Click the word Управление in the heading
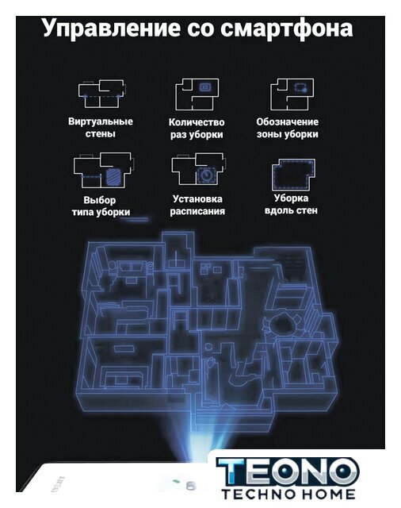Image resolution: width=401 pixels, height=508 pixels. [x=112, y=29]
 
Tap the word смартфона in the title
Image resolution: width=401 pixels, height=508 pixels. [x=287, y=29]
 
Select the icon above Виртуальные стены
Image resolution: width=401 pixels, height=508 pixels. [x=101, y=94]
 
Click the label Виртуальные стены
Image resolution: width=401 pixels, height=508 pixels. [x=101, y=128]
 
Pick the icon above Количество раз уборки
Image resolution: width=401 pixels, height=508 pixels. [x=197, y=94]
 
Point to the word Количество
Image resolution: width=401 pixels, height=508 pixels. [x=197, y=122]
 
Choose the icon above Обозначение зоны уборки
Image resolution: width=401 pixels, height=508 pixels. [x=292, y=94]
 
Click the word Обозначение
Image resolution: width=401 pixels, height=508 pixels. [x=288, y=121]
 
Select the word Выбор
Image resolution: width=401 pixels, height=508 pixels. [x=100, y=200]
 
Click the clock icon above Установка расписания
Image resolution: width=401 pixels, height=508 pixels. [x=206, y=175]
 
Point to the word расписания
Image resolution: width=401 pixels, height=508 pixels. [x=197, y=211]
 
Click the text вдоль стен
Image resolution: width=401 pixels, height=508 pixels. [x=291, y=210]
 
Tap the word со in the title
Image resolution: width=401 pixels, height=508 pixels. [x=200, y=29]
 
